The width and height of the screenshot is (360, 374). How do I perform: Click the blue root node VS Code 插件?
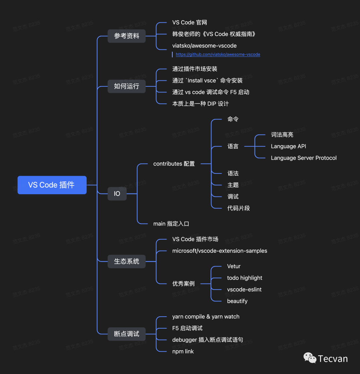[52, 185]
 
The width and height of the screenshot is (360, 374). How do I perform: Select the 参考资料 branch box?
[126, 36]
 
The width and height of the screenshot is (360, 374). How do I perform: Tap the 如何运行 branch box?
[126, 86]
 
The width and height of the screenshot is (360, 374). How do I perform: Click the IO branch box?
[117, 194]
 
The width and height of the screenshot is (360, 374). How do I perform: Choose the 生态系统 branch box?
[126, 261]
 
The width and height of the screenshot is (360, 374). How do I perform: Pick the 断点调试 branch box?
[126, 334]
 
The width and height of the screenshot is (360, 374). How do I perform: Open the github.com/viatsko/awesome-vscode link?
[218, 54]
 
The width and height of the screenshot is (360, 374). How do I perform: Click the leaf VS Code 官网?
[189, 22]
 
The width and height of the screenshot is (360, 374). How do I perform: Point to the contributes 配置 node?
[174, 164]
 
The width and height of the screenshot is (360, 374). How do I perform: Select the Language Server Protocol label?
[303, 158]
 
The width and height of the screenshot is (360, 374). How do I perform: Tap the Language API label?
[288, 146]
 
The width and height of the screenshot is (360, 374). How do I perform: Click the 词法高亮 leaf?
[282, 135]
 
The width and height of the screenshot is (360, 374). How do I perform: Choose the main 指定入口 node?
[171, 224]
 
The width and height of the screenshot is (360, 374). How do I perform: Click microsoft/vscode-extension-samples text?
[219, 251]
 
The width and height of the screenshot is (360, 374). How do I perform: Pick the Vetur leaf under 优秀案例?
[233, 266]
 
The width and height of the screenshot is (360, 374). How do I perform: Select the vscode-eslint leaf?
[244, 289]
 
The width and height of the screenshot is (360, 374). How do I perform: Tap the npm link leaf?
[183, 351]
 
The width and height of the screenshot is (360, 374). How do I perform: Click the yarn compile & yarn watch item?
[205, 317]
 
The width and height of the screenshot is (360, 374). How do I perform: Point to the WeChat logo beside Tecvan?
[310, 358]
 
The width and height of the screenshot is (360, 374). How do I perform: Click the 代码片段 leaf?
[238, 208]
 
